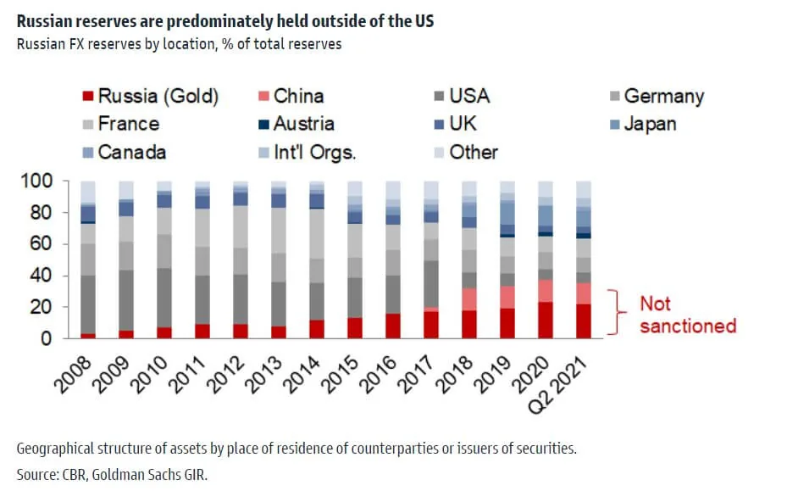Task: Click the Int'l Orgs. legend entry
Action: click(x=308, y=153)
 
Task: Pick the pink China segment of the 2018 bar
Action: click(x=468, y=299)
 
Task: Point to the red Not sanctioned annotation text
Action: click(x=687, y=315)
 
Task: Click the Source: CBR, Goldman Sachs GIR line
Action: click(x=111, y=473)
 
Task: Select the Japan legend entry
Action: click(x=650, y=124)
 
